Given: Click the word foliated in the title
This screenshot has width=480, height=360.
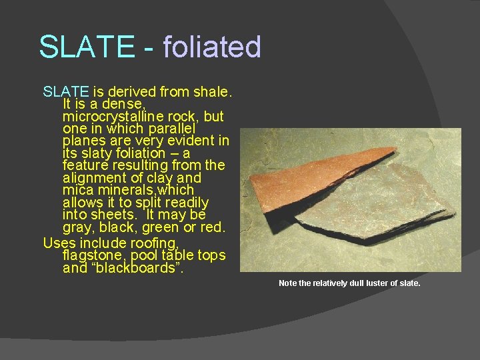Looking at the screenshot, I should [x=211, y=47].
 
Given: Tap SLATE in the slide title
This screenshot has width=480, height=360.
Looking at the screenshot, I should [x=86, y=47].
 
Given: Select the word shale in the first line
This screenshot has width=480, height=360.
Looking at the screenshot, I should [x=211, y=91].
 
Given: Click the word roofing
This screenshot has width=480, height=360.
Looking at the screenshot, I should [x=154, y=243].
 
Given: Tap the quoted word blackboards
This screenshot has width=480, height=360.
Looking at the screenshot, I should [x=136, y=269].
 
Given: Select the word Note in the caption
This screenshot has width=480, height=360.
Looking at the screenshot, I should [x=288, y=283].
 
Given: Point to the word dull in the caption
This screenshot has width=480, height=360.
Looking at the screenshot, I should [x=353, y=283].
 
